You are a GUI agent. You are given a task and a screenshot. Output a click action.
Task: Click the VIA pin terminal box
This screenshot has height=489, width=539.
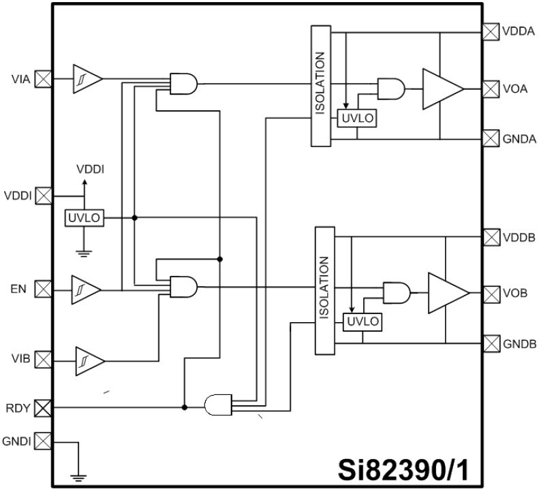[x=43, y=79]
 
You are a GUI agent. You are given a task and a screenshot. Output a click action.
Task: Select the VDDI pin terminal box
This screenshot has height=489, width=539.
[x=43, y=196]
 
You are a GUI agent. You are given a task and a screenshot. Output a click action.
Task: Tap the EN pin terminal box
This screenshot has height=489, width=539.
[x=43, y=289]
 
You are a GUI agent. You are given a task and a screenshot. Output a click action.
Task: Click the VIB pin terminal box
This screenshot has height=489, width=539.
[x=43, y=359]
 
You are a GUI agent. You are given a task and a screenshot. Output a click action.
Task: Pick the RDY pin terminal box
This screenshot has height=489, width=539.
[x=43, y=408]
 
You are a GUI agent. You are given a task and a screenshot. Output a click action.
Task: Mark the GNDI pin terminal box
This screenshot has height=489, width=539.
[x=43, y=441]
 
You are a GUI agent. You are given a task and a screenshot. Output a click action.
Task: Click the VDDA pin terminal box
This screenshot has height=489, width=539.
[x=491, y=31]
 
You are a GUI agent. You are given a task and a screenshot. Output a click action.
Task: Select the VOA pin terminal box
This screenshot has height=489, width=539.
[x=491, y=89]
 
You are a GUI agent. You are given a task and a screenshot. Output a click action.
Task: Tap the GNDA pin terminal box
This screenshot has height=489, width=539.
[x=491, y=138]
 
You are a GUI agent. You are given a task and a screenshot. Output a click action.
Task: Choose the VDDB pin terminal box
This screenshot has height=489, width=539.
[x=491, y=237]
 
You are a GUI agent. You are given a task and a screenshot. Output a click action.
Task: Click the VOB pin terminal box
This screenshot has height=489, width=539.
[x=491, y=294]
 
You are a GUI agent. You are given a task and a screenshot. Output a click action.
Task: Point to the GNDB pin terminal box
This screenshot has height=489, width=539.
[x=491, y=343]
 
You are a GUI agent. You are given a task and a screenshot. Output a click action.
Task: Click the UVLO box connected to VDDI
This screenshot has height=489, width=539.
[x=84, y=217]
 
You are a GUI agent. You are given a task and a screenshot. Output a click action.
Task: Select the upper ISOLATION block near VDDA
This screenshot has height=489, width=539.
[x=320, y=86]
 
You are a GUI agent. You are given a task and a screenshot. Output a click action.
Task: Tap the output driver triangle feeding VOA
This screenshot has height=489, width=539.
[x=440, y=89]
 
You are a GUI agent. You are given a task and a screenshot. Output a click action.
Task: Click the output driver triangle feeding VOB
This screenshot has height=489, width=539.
[x=446, y=294]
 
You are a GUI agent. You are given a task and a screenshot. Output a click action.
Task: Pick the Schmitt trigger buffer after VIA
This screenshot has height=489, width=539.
[x=87, y=79]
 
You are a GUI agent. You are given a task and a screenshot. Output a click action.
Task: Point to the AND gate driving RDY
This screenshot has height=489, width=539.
[x=218, y=407]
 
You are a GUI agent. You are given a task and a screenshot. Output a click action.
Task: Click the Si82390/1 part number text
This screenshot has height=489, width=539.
[x=407, y=470]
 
